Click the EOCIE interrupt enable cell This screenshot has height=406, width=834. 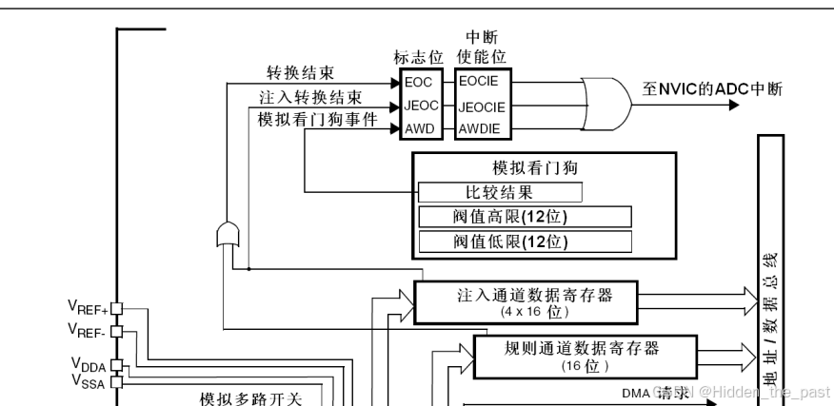tap(482, 83)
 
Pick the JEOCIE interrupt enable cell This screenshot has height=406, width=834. tap(482, 106)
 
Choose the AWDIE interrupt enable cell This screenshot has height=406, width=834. tap(481, 126)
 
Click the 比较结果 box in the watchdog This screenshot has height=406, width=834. tap(500, 192)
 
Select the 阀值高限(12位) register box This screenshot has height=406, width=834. tap(525, 216)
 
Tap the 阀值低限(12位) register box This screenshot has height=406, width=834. tap(525, 241)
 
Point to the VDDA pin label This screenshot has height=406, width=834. tap(89, 364)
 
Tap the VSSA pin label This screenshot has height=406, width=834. tap(89, 381)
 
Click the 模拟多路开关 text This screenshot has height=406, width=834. tap(250, 398)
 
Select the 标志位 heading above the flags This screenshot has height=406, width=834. tap(418, 56)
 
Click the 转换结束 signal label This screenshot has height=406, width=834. tap(300, 73)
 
